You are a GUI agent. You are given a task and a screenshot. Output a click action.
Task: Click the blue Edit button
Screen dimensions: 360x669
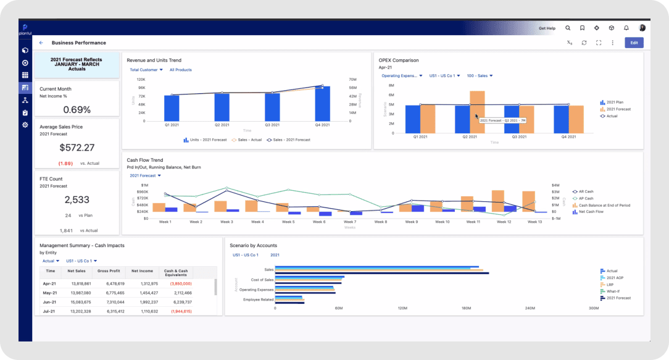[x=634, y=43]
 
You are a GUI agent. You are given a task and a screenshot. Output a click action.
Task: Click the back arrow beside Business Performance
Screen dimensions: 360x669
[x=41, y=43]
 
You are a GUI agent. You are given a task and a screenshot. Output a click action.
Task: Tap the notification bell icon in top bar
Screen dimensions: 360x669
[x=626, y=28]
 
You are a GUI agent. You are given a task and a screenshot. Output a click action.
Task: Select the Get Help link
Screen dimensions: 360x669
[x=547, y=28]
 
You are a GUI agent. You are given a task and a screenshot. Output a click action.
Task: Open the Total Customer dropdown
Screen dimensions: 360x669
[x=146, y=70]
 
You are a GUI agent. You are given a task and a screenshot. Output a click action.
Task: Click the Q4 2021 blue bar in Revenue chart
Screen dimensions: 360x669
[x=322, y=104]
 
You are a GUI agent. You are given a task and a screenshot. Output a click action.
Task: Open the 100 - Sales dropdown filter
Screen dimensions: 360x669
[x=480, y=76]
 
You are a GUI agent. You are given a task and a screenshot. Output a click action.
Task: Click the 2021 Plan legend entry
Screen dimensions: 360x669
[x=614, y=103]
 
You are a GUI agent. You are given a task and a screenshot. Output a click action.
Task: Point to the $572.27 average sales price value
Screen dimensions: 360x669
[x=77, y=148]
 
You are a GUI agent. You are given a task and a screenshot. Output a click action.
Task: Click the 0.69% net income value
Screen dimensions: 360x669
[x=77, y=110]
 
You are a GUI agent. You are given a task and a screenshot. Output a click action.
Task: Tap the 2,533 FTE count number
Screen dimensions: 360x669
[x=77, y=200]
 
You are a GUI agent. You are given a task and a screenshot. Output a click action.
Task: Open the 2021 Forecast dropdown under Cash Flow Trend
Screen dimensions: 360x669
[x=146, y=175]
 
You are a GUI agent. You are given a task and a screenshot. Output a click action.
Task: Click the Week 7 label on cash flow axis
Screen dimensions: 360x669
[x=349, y=222]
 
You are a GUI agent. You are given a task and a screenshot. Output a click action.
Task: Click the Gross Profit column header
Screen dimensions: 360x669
[x=109, y=271]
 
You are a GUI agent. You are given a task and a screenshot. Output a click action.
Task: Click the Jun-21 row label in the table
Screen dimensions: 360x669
[x=50, y=302]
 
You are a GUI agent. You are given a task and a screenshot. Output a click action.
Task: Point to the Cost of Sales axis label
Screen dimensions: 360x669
[x=261, y=279]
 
